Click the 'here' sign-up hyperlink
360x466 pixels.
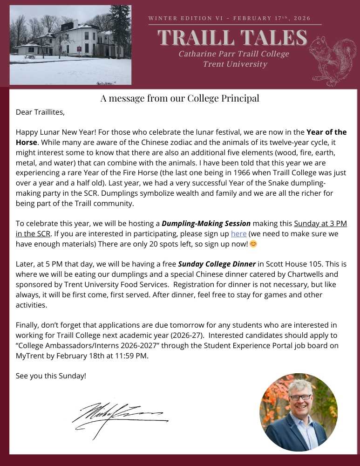[x=238, y=233]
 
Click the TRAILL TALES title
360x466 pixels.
[x=232, y=38]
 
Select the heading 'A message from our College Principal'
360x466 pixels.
[x=180, y=98]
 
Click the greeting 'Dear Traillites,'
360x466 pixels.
[x=40, y=112]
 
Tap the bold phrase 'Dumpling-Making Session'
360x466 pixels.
[x=206, y=224]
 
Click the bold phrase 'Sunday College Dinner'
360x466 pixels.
[x=217, y=264]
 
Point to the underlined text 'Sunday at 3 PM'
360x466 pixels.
[x=320, y=224]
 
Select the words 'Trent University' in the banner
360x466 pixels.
[x=235, y=64]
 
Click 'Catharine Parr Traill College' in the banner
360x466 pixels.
[x=233, y=54]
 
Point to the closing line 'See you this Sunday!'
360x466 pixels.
[x=51, y=375]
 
